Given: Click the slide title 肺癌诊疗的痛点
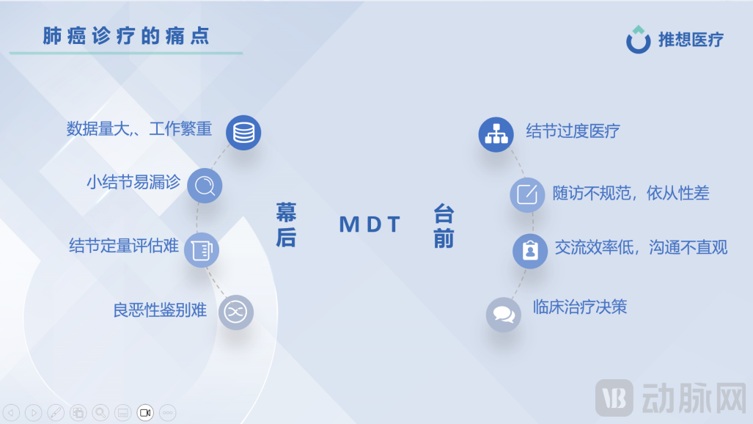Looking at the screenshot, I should pos(125,36).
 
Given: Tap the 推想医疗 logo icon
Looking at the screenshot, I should pos(638,40).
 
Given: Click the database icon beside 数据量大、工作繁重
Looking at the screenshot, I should pos(243,133).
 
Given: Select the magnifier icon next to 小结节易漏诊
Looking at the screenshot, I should pos(205,186).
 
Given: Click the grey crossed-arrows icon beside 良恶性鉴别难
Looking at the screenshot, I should pos(235,312).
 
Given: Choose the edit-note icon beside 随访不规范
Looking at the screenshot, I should pos(527,195).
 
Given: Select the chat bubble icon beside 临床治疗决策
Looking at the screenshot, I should pos(504,315).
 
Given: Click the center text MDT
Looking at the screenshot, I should pos(370,224).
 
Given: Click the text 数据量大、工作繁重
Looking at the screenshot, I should pos(139,130).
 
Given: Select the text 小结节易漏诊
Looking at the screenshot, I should pos(133,182).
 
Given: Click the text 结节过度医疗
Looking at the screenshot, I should pos(573,131).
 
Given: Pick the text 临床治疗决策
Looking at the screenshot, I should pos(580,307).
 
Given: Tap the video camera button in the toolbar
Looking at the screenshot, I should pos(145,413).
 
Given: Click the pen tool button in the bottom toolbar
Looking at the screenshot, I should pos(55,413).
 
